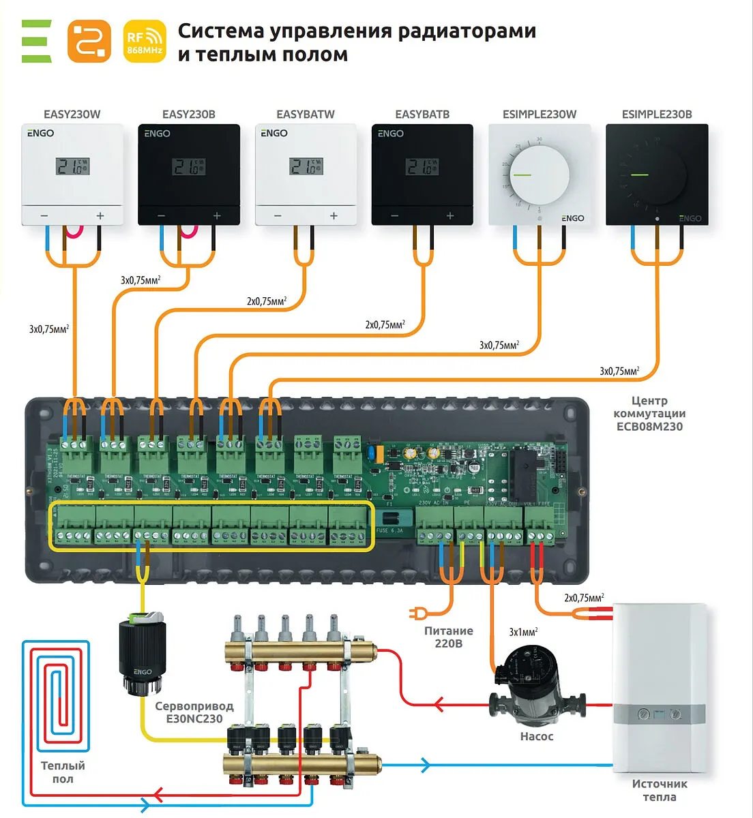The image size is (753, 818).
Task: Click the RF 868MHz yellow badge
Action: click(145, 42)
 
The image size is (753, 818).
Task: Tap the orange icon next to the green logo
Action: click(89, 42)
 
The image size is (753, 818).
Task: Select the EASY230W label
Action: click(72, 115)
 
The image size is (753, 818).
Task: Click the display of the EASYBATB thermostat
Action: click(422, 166)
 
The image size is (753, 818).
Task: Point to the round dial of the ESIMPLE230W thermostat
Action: click(540, 175)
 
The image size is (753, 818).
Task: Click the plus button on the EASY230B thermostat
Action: click(217, 216)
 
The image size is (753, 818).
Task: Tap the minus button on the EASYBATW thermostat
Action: click(278, 216)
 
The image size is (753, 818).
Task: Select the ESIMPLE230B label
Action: click(656, 115)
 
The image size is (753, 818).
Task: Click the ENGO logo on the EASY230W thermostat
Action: click(40, 134)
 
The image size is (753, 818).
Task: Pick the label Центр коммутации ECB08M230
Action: click(649, 414)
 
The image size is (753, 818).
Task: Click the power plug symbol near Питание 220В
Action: click(414, 613)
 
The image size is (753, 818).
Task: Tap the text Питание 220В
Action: click(448, 637)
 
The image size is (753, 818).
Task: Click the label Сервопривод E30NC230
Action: click(194, 712)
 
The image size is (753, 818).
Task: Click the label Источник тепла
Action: click(659, 790)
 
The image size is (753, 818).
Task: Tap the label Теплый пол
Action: click(63, 772)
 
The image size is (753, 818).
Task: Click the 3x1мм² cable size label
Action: click(523, 632)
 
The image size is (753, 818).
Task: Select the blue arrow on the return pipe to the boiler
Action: click(426, 765)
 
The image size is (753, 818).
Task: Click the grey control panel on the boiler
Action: click(659, 715)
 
